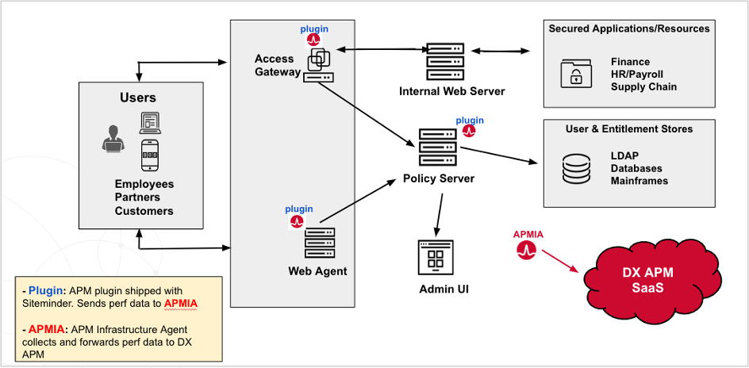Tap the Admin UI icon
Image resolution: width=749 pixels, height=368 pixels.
[435, 257]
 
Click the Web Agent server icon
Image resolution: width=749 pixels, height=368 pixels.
[319, 243]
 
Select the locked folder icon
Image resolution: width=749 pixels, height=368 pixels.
[571, 73]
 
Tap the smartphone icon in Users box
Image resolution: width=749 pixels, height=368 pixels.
[149, 155]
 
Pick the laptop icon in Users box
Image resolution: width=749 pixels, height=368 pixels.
[150, 122]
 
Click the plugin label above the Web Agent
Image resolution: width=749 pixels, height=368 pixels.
[299, 209]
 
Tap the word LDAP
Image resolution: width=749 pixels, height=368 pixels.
[625, 155]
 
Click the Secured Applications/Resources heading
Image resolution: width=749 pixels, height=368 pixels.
[629, 29]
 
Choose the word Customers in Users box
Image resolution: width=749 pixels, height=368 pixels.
[144, 211]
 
